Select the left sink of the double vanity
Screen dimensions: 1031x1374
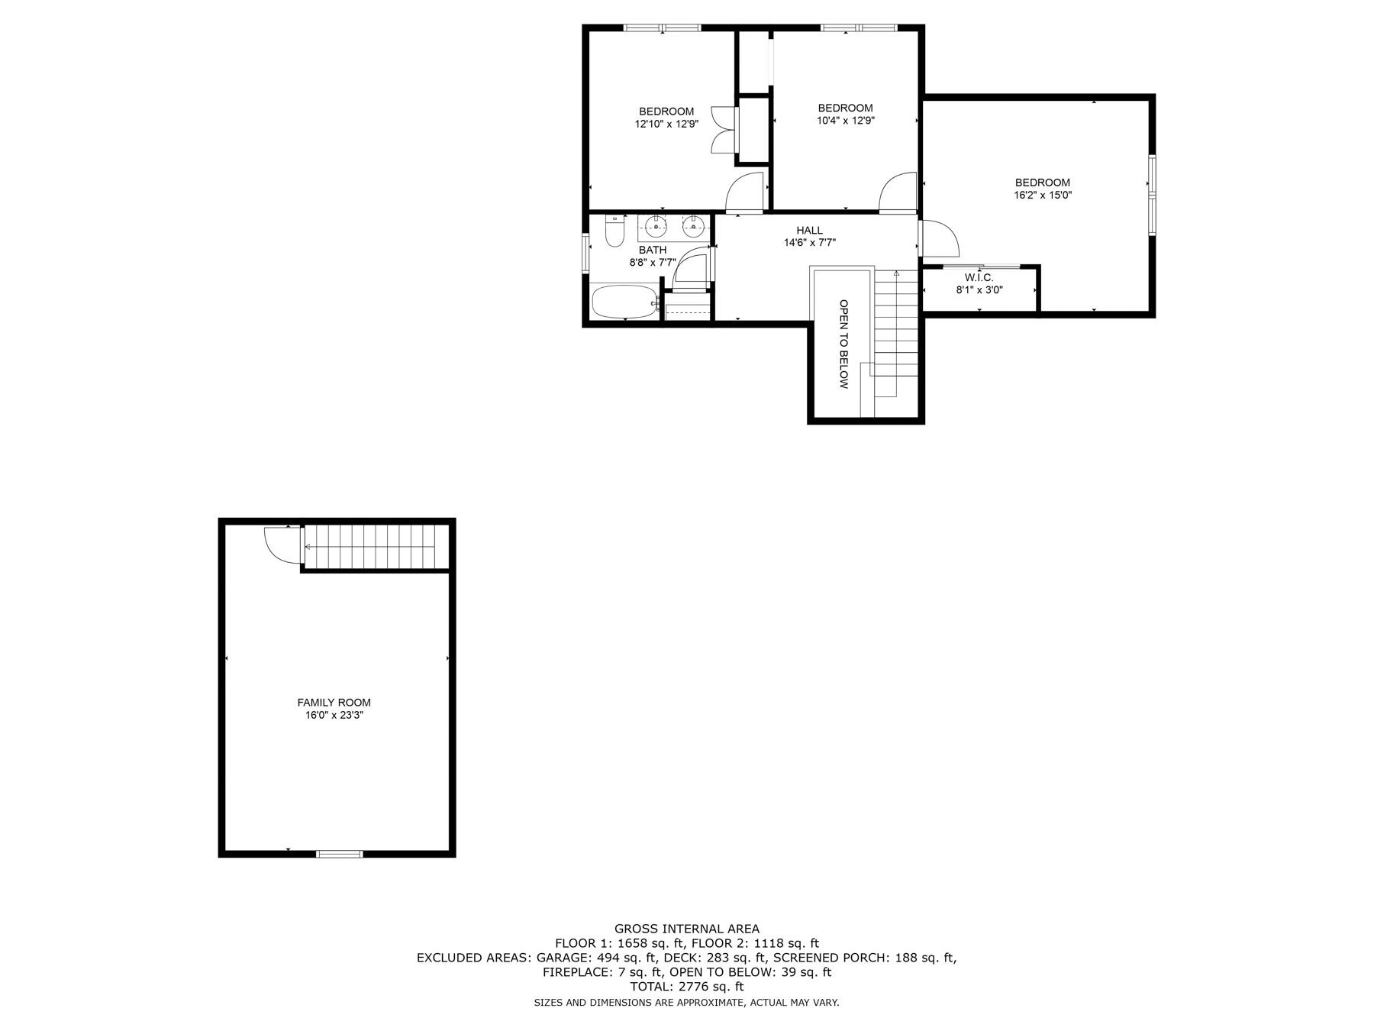point(655,225)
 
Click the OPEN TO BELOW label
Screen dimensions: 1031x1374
point(843,344)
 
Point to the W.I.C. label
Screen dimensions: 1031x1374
point(979,278)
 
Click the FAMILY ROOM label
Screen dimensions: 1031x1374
point(334,703)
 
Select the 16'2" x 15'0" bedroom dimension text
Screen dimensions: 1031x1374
point(1042,196)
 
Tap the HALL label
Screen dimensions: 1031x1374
point(809,230)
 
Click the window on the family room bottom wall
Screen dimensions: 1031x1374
point(340,853)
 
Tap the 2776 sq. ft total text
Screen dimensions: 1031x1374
point(686,987)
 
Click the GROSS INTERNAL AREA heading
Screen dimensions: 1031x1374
point(686,929)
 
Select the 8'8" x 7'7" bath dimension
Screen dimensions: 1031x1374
point(653,263)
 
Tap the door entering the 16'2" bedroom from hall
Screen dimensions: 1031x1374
point(939,239)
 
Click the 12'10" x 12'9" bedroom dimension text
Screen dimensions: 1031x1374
point(666,124)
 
